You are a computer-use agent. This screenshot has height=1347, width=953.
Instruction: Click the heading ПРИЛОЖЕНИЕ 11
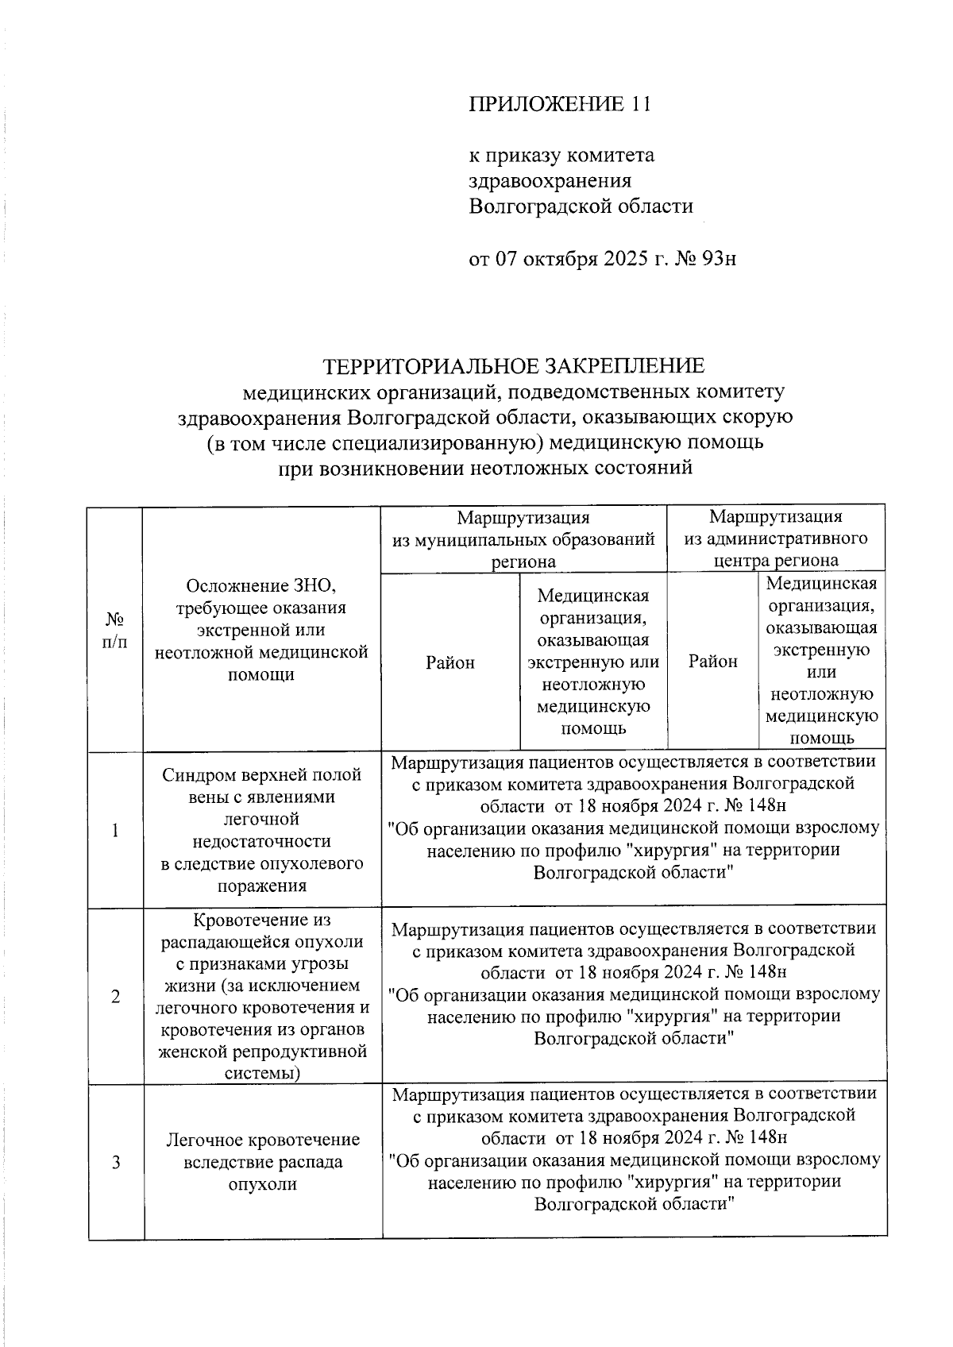pyautogui.click(x=559, y=105)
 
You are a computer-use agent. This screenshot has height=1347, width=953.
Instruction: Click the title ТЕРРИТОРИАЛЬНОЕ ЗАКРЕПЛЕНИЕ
pyautogui.click(x=513, y=366)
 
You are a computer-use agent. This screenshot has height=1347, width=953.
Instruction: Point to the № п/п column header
pyautogui.click(x=115, y=630)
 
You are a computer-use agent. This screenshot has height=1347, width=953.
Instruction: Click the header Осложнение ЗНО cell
pyautogui.click(x=262, y=630)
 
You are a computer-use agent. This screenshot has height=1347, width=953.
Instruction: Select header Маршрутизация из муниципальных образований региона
pyautogui.click(x=523, y=539)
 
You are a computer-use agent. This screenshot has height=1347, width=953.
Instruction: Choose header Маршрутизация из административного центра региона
pyautogui.click(x=776, y=539)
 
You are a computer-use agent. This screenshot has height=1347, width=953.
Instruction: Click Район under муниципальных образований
pyautogui.click(x=450, y=662)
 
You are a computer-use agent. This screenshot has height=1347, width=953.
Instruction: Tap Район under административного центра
pyautogui.click(x=712, y=661)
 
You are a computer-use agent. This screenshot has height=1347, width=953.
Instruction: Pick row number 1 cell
pyautogui.click(x=116, y=831)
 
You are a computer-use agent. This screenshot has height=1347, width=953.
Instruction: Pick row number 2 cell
pyautogui.click(x=116, y=997)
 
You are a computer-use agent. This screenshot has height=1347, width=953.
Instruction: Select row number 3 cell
pyautogui.click(x=116, y=1163)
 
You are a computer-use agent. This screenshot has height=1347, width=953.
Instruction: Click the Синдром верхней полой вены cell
pyautogui.click(x=262, y=830)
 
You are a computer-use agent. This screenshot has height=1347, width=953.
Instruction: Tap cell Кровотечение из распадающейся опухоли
pyautogui.click(x=262, y=997)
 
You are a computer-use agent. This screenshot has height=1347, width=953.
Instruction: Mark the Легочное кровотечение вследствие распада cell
pyautogui.click(x=262, y=1162)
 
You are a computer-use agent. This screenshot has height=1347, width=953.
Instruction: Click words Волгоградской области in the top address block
pyautogui.click(x=581, y=207)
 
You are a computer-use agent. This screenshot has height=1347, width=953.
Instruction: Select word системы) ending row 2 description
pyautogui.click(x=262, y=1074)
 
